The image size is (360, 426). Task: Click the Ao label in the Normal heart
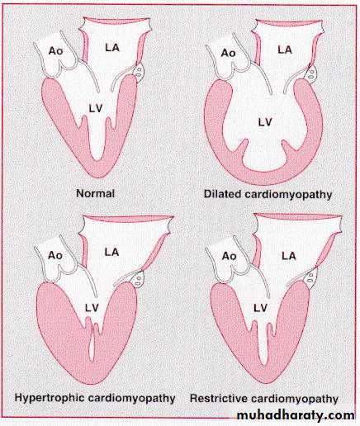pyautogui.click(x=55, y=51)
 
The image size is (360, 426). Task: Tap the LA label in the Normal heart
pyautogui.click(x=112, y=48)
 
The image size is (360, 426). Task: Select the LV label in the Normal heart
pyautogui.click(x=96, y=109)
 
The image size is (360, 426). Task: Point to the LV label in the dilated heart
pyautogui.click(x=265, y=122)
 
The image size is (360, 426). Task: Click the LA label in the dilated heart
pyautogui.click(x=285, y=50)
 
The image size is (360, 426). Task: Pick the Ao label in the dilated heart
pyautogui.click(x=229, y=53)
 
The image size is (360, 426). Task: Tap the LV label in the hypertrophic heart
pyautogui.click(x=92, y=308)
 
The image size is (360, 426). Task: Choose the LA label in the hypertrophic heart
pyautogui.click(x=111, y=252)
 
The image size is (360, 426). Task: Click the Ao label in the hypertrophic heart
pyautogui.click(x=55, y=255)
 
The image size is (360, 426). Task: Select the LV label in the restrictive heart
pyautogui.click(x=260, y=308)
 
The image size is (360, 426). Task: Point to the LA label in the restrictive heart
pyautogui.click(x=289, y=256)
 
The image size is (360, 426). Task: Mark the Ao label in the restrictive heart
pyautogui.click(x=230, y=256)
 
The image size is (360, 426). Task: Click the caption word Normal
pyautogui.click(x=95, y=193)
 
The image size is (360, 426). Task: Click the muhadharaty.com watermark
pyautogui.click(x=296, y=415)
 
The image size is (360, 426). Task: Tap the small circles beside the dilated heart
pyautogui.click(x=311, y=73)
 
